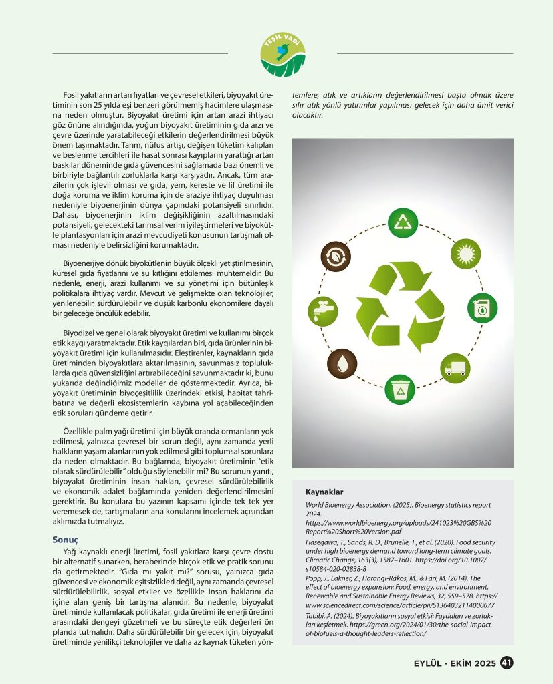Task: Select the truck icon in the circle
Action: click(454, 368)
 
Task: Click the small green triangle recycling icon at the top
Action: click(403, 223)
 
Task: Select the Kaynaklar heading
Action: click(324, 492)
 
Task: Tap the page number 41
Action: click(506, 663)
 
